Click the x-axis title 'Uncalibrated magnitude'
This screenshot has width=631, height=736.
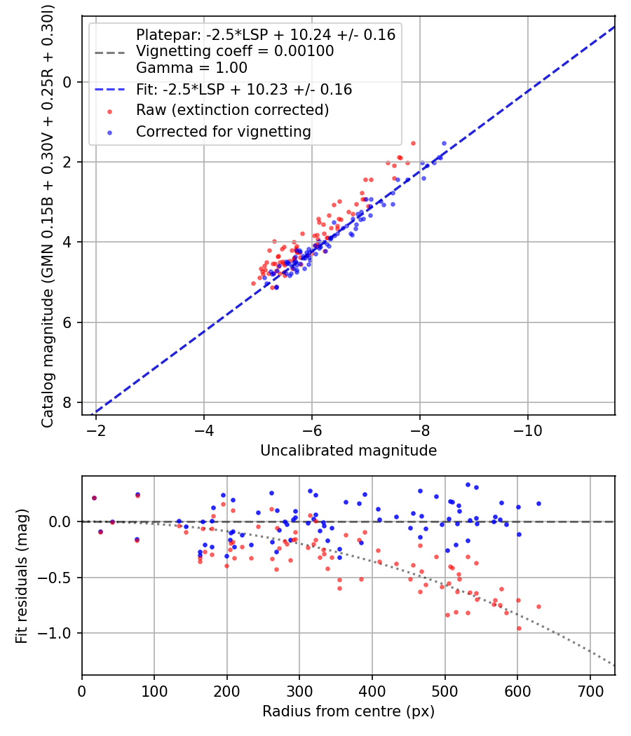(x=348, y=451)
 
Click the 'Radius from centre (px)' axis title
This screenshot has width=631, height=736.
(x=348, y=711)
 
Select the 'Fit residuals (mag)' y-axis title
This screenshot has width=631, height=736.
(x=22, y=575)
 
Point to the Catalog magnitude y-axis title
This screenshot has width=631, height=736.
(x=47, y=214)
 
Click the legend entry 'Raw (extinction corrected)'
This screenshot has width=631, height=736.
(x=232, y=110)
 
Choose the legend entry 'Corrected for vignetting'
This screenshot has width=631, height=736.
(x=223, y=131)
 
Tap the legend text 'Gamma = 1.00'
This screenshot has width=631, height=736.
(x=191, y=68)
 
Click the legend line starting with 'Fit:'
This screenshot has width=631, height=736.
(x=243, y=90)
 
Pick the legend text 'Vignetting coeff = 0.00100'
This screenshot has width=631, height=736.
(x=235, y=51)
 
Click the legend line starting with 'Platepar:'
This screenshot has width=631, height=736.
(x=265, y=34)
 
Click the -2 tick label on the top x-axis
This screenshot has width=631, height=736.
(x=96, y=430)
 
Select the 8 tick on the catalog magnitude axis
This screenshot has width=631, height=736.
(x=68, y=402)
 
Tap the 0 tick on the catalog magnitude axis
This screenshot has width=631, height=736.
(x=68, y=82)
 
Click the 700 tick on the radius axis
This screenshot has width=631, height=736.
(x=590, y=690)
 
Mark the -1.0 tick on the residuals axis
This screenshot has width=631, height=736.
(x=57, y=633)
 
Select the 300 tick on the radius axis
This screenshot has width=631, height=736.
(x=299, y=690)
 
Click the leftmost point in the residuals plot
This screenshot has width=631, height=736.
(x=94, y=498)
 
